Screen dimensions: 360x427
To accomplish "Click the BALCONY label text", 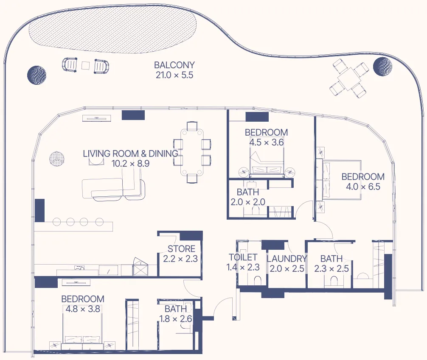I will pos(174,65).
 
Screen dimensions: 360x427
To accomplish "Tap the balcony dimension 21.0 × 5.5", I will pos(174,75).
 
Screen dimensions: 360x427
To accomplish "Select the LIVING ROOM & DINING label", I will pos(130,153).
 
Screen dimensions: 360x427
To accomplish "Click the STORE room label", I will pos(181,249).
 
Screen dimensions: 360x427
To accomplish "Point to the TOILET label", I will pos(243,257).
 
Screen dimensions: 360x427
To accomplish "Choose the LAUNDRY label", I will pos(287,259).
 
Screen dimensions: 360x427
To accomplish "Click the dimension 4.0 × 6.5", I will pos(363,187).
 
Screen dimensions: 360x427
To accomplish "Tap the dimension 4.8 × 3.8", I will pos(82,309).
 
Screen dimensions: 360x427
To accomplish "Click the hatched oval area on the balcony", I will pos(112,30).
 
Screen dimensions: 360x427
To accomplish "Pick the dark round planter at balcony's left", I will pos(37,75).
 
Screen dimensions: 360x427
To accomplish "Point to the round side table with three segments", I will pos(56,160).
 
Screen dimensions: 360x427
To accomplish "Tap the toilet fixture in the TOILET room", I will pos(257,281).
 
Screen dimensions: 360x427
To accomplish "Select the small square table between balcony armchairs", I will pos(86,66).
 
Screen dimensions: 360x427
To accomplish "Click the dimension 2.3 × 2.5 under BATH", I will pos(331,268).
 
